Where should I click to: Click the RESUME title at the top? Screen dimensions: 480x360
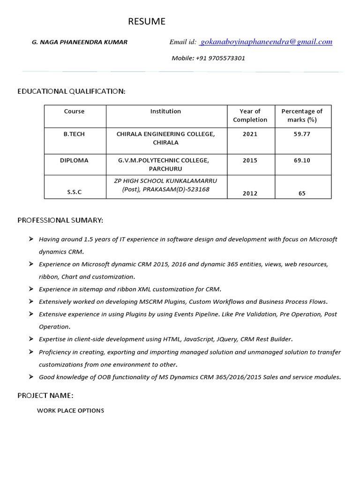point(147,22)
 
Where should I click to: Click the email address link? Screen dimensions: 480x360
point(266,42)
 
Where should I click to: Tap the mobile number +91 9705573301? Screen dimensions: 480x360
point(208,58)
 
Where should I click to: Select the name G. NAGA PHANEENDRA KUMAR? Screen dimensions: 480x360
point(79,42)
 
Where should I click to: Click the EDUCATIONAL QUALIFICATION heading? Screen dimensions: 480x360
point(71,91)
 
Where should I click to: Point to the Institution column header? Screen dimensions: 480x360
point(165,112)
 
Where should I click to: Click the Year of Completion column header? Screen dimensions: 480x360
point(250,115)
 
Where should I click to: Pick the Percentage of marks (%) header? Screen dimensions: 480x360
point(302,115)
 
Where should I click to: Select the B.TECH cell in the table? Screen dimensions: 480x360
point(75,134)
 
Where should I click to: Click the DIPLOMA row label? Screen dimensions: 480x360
point(74,160)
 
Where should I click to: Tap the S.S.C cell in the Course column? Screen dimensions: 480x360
point(74,193)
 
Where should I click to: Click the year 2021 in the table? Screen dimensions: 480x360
point(250,134)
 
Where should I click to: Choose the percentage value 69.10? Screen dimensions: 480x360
point(302,160)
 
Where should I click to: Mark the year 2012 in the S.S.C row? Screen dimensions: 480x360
point(250,193)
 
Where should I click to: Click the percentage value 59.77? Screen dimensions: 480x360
point(302,134)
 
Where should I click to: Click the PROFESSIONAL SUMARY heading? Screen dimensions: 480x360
point(60,220)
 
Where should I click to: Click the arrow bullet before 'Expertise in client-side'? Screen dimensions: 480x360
point(30,338)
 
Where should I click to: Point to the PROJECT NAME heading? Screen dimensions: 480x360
point(45,395)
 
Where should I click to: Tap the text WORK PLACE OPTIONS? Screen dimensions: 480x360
point(71,411)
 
